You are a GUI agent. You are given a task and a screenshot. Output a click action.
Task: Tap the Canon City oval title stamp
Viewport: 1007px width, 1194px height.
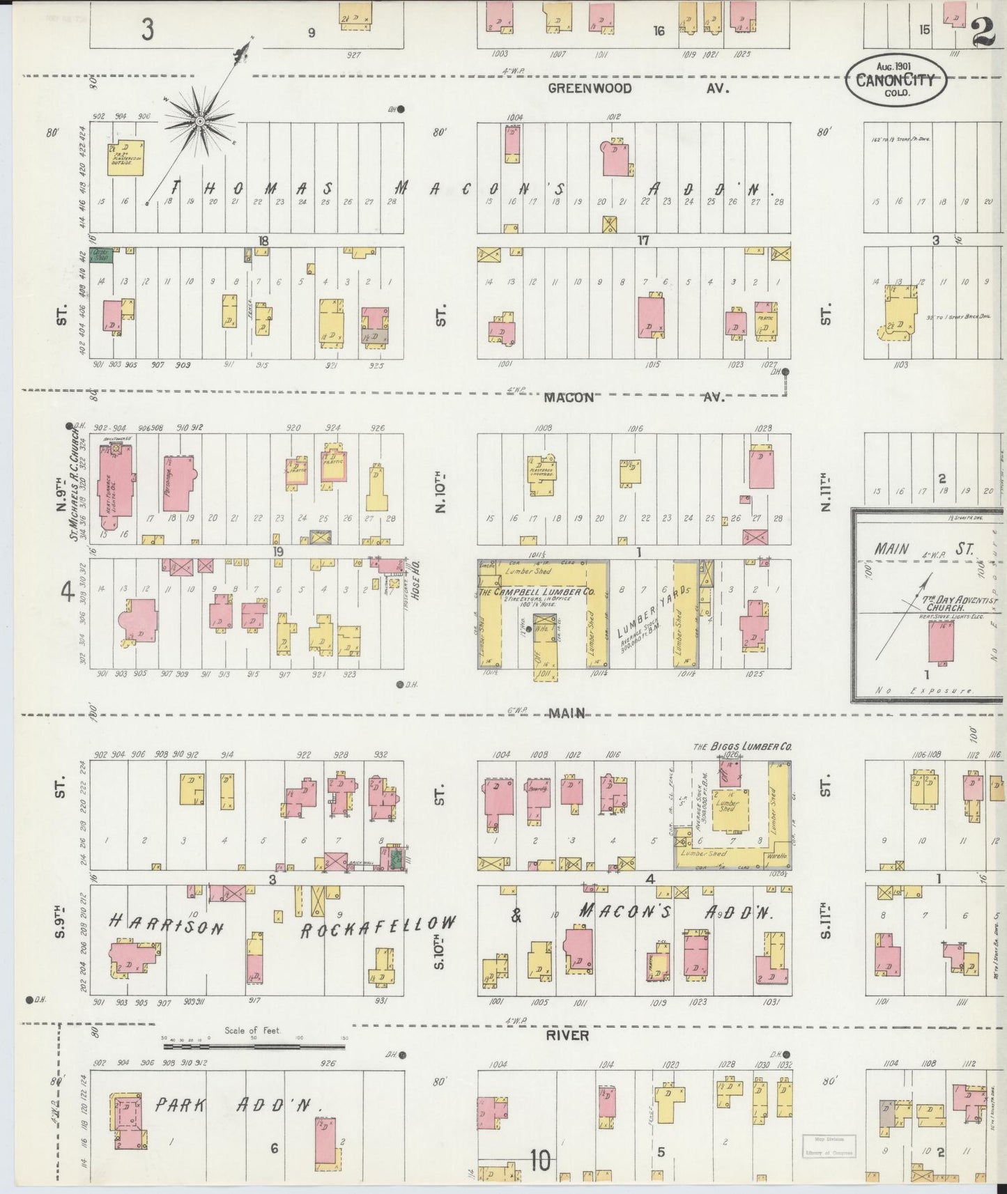(x=896, y=81)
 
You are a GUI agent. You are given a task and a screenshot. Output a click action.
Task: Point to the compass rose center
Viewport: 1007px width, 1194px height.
(x=200, y=121)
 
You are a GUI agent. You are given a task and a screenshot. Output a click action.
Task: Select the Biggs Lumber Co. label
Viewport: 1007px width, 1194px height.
(x=742, y=746)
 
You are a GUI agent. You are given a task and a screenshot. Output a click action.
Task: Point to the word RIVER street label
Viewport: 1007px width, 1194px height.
(x=567, y=1035)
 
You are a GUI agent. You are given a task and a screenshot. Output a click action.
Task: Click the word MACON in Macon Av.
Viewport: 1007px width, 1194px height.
(x=569, y=397)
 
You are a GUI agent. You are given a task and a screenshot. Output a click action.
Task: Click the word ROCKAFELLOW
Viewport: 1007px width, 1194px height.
(x=378, y=927)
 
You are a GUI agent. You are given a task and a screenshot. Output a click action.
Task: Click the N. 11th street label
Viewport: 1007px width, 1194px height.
(x=826, y=492)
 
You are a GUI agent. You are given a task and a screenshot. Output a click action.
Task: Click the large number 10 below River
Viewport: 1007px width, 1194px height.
(x=539, y=1161)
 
